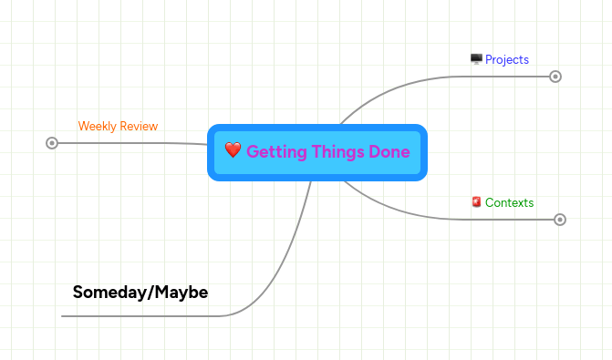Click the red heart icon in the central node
click(x=233, y=150)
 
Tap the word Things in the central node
click(x=332, y=151)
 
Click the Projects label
click(x=507, y=59)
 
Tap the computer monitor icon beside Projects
click(x=476, y=59)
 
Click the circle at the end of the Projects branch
click(x=555, y=77)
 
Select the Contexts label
click(x=509, y=202)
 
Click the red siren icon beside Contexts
click(x=476, y=202)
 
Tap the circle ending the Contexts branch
click(x=560, y=220)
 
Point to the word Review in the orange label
click(x=139, y=126)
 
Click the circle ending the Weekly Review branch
click(x=52, y=142)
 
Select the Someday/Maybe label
click(x=140, y=293)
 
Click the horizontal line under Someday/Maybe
click(x=137, y=316)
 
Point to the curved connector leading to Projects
click(x=392, y=87)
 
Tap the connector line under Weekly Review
click(x=128, y=142)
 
